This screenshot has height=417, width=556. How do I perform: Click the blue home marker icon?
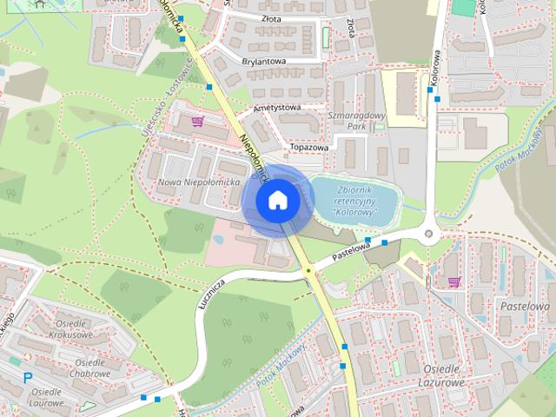pos(277,200)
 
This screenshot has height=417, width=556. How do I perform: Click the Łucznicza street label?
pos(212,290)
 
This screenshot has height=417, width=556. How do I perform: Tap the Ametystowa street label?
pos(276,108)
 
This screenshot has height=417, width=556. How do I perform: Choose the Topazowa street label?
pos(310,148)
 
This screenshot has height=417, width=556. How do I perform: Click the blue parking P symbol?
pos(28,378)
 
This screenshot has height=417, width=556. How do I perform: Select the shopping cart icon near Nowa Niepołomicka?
pos(198,122)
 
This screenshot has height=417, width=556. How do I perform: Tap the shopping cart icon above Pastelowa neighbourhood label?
pos(453,281)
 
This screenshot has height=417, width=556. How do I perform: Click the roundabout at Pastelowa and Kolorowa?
pos(428,233)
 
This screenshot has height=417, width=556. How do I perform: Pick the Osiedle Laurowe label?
pos(46,397)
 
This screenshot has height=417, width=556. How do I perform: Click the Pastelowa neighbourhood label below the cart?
pos(525,306)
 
